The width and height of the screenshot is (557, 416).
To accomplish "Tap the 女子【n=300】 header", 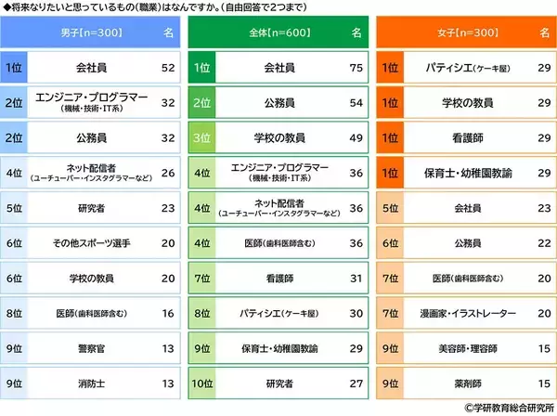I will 452,32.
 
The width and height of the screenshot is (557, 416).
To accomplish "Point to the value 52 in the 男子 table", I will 167,68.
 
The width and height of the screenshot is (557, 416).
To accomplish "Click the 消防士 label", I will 91,383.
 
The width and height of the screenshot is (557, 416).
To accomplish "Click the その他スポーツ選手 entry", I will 91,243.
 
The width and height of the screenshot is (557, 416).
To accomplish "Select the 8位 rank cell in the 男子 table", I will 15,313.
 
